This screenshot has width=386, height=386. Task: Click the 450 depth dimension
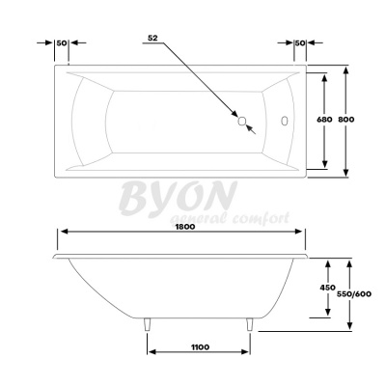point(327,287)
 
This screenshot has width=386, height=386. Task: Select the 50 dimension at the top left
point(62,43)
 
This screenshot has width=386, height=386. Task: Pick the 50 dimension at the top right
point(300,43)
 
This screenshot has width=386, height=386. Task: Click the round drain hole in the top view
point(243,122)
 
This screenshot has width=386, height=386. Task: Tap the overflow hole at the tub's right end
point(284,122)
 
